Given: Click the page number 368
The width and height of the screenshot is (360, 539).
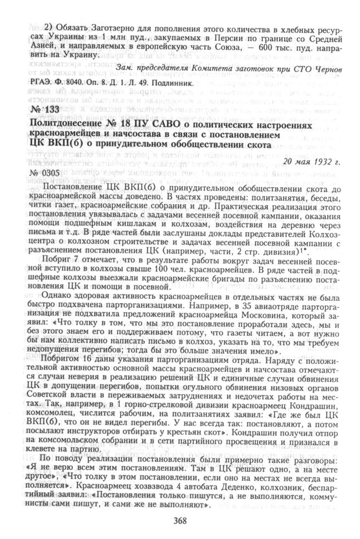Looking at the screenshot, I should coord(180,521).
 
